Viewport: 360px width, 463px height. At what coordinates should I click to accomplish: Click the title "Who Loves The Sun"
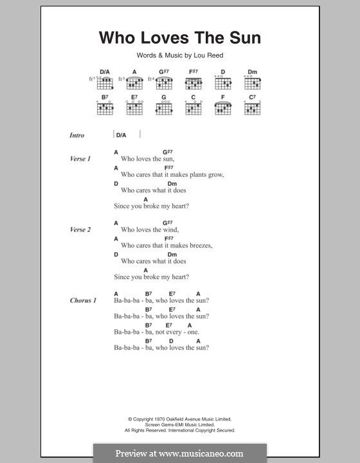179,38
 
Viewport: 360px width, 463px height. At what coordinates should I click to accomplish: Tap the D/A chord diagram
105,82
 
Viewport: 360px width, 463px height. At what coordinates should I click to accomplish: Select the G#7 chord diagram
163,82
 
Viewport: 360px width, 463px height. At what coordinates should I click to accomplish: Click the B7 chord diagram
105,108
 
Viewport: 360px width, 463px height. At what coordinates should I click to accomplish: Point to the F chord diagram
222,108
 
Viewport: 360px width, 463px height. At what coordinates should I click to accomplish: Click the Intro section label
77,136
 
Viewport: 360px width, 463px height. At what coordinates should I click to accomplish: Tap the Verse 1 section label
80,158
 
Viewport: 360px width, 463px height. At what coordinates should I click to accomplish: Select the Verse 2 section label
80,230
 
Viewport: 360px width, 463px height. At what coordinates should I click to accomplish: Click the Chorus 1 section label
83,300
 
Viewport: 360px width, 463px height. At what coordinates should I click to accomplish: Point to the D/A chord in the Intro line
121,135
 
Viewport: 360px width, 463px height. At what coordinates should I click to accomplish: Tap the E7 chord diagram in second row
134,108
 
